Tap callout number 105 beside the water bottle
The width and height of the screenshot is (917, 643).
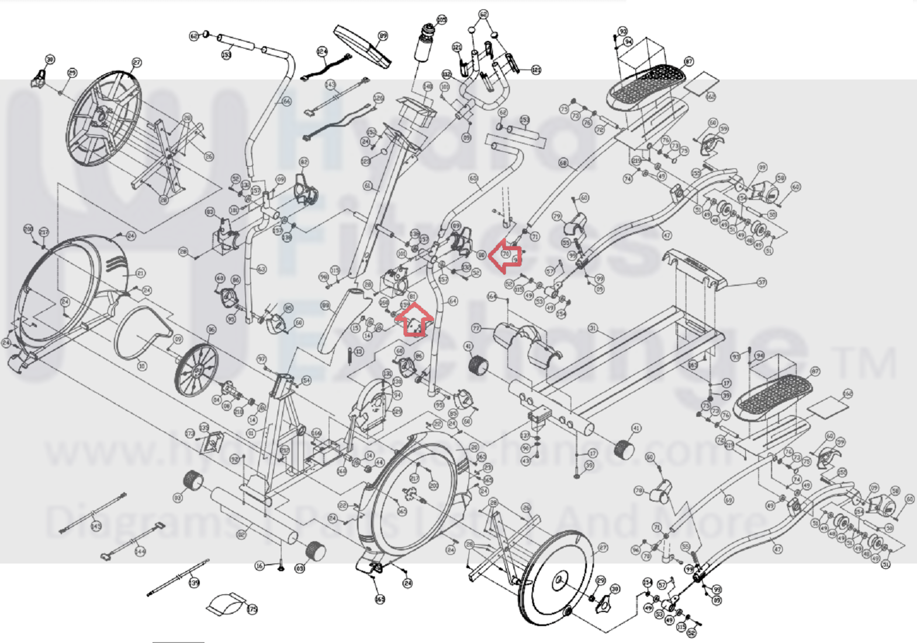(x=441, y=20)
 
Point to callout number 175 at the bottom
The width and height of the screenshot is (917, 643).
(x=252, y=610)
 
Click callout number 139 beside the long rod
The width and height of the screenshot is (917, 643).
(x=194, y=583)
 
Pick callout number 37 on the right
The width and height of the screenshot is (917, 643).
(x=762, y=283)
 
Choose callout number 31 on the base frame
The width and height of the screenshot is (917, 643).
(x=593, y=328)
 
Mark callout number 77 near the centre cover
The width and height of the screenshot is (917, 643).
(x=476, y=329)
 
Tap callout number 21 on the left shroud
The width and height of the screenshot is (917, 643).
(x=140, y=273)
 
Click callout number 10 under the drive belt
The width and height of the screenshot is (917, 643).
(x=142, y=366)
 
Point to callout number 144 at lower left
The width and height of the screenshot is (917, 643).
(x=140, y=551)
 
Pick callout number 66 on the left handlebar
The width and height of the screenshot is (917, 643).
(x=286, y=101)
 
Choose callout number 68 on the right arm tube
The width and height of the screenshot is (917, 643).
(x=563, y=163)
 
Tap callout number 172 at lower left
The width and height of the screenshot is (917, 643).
(x=190, y=434)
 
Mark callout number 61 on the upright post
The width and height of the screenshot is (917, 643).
(x=368, y=186)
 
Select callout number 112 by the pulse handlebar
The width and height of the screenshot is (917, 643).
(x=447, y=74)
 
